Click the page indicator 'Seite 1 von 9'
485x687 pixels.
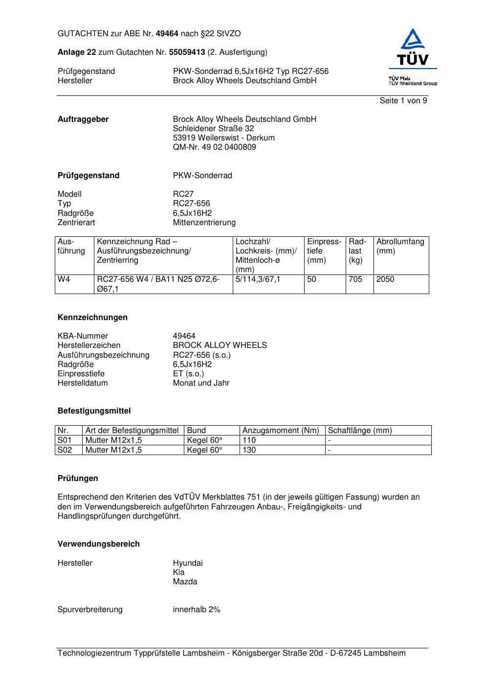pos(403,101)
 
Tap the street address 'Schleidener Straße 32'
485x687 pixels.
pos(213,129)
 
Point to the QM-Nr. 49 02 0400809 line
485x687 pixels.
pos(214,147)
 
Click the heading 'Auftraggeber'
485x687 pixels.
pos(83,119)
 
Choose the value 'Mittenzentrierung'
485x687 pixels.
pos(204,223)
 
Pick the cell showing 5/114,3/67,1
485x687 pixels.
pos(258,279)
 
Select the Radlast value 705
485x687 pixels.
pos(355,279)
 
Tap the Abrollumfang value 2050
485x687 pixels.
pos(385,279)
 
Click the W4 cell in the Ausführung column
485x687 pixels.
pos(64,279)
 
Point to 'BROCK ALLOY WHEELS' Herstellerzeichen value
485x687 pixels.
pos(220,345)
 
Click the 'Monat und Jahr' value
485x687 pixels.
pos(201,383)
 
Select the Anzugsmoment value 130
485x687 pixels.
pos(249,450)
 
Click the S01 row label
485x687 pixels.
pos(65,440)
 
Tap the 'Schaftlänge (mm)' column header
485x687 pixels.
pos(360,431)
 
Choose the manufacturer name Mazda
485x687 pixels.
pos(185,582)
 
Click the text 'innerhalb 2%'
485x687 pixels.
pos(197,610)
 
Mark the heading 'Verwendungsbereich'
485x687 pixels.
pos(99,544)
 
